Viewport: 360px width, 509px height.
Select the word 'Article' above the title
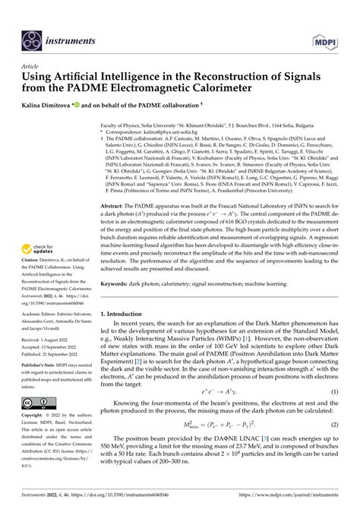(33, 66)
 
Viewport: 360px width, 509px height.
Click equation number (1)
(333, 413)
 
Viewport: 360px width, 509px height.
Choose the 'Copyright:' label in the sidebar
(39, 417)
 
